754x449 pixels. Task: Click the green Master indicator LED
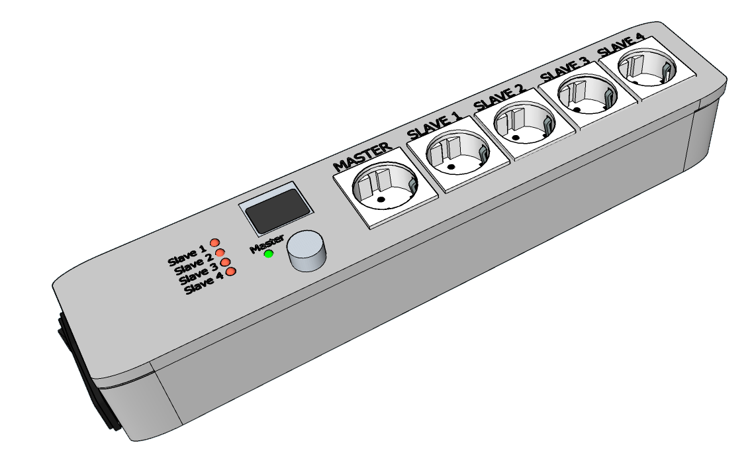269,254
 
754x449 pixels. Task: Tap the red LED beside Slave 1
214,243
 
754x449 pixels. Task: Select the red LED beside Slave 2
220,253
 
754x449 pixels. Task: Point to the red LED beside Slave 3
225,262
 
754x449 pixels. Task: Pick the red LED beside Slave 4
231,272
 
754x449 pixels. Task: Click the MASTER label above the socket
363,156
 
